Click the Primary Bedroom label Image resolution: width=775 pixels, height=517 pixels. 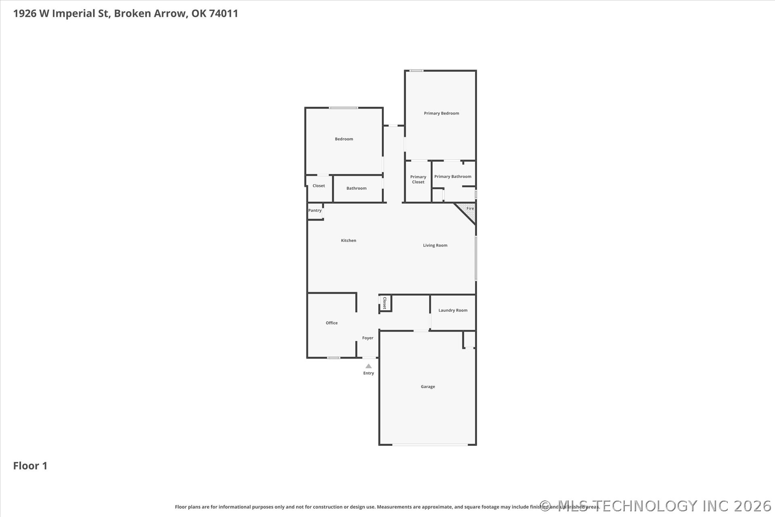[x=441, y=113]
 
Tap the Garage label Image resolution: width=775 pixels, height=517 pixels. [x=428, y=387]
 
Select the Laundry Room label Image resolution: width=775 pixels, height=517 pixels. [x=453, y=311]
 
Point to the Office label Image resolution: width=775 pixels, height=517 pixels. [x=332, y=323]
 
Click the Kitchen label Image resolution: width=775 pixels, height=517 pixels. [x=348, y=241]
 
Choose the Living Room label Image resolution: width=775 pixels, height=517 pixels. [x=435, y=246]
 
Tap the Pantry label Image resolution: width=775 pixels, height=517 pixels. [x=315, y=211]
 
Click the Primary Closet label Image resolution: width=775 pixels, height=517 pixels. [x=418, y=180]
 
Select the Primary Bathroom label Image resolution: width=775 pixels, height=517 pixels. [x=452, y=177]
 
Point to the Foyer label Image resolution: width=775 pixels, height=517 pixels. [x=368, y=338]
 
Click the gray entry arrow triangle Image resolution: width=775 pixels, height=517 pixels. [x=369, y=366]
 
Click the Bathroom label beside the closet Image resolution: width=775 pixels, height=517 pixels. [x=356, y=189]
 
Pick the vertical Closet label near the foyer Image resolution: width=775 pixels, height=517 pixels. [x=385, y=303]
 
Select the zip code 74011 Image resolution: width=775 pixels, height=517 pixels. [x=224, y=13]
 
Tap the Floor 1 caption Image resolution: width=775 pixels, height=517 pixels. [x=30, y=466]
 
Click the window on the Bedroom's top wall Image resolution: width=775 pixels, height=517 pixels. [x=343, y=108]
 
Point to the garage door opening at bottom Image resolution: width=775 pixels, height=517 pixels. [x=430, y=445]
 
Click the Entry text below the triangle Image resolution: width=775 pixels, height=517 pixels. [x=369, y=374]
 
